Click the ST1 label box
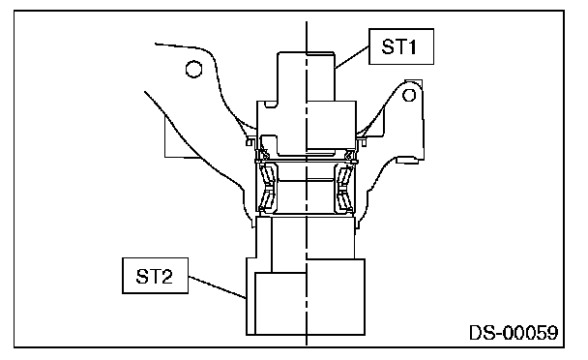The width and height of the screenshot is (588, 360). (x=401, y=46)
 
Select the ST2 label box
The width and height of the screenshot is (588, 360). (x=156, y=276)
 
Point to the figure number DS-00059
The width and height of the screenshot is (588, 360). (x=514, y=333)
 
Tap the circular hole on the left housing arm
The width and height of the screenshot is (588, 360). (x=193, y=69)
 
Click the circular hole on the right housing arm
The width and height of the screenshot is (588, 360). (x=409, y=95)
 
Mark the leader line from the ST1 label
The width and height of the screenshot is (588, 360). (x=352, y=57)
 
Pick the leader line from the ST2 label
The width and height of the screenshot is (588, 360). (x=217, y=287)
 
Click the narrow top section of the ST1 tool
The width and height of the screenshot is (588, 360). (x=306, y=76)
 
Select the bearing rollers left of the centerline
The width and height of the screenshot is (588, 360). (x=269, y=187)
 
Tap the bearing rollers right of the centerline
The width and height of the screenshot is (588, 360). (x=345, y=187)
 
